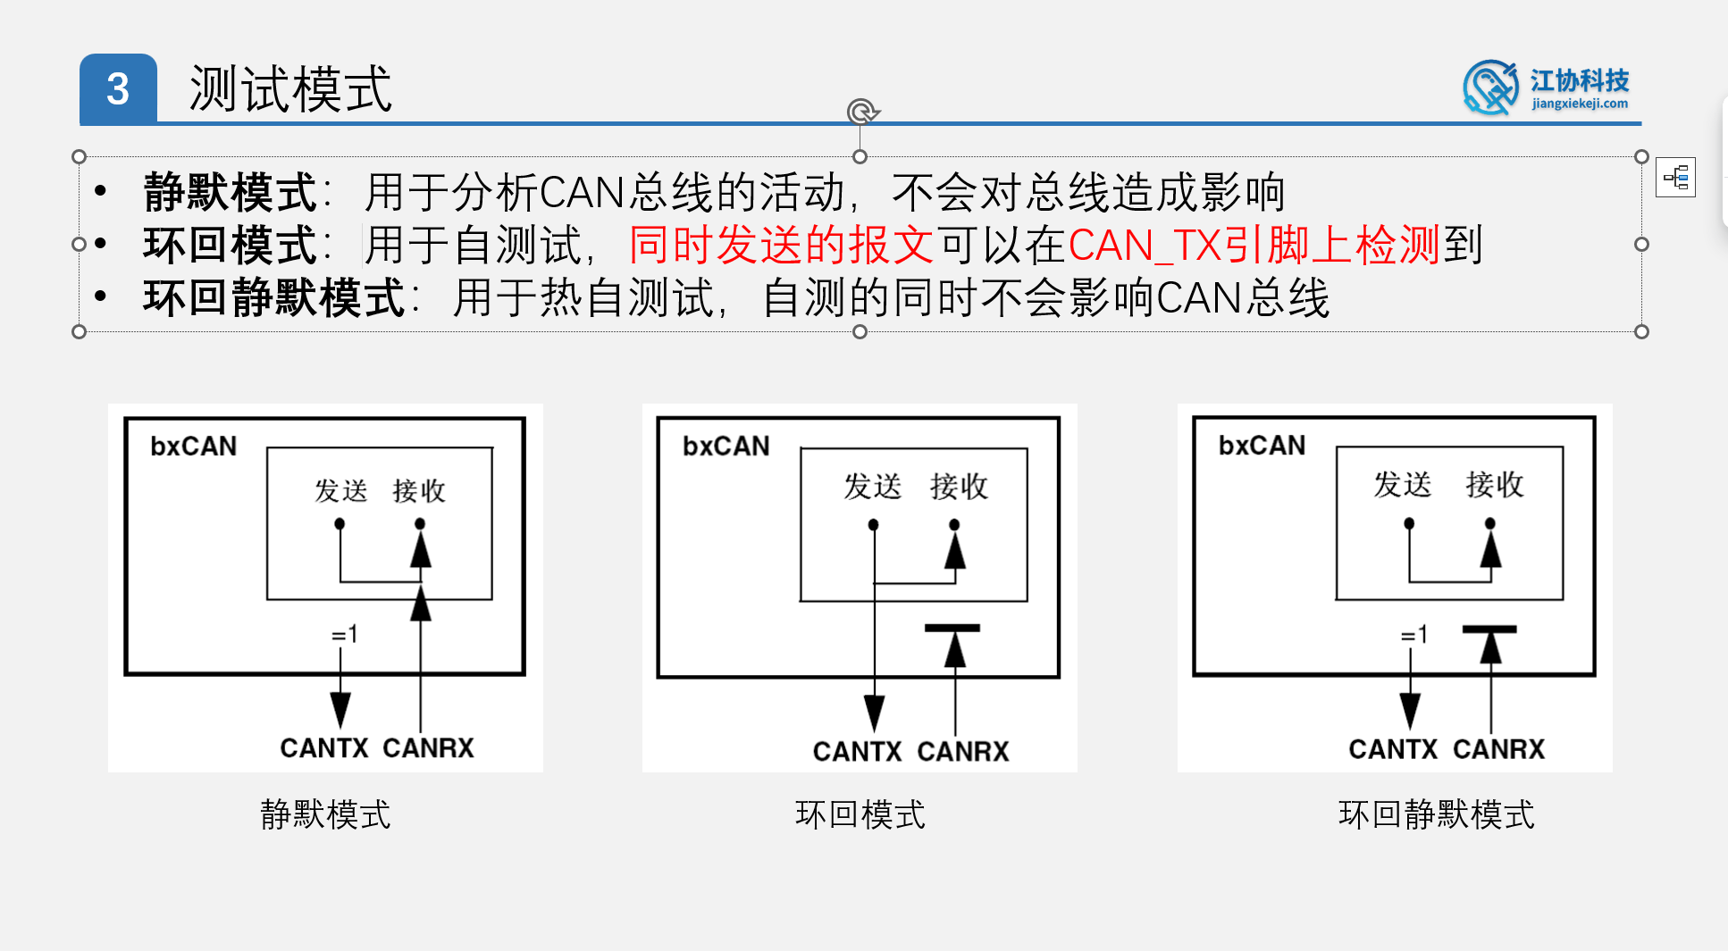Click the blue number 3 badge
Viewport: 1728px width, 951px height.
pyautogui.click(x=118, y=88)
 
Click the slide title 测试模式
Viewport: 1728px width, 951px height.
pyautogui.click(x=290, y=89)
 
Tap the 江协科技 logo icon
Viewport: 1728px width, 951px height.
pyautogui.click(x=1489, y=88)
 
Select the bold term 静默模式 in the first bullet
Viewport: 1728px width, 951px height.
pyautogui.click(x=230, y=193)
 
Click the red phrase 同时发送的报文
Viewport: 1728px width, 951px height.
pyautogui.click(x=781, y=246)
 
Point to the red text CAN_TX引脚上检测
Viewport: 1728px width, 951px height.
pyautogui.click(x=1253, y=246)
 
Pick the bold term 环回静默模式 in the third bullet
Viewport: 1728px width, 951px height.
pyautogui.click(x=273, y=298)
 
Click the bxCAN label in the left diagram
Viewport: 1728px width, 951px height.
pyautogui.click(x=193, y=446)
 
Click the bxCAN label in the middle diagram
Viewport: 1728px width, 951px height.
pyautogui.click(x=726, y=446)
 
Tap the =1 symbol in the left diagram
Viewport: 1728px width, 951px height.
pyautogui.click(x=345, y=635)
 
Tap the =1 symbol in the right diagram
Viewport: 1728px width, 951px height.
pyautogui.click(x=1414, y=635)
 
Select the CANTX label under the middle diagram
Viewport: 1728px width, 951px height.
pyautogui.click(x=857, y=752)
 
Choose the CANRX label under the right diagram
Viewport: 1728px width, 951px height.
pyautogui.click(x=1498, y=749)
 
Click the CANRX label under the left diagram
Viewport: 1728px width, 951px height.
pyautogui.click(x=428, y=748)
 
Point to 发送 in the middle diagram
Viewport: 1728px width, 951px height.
pyautogui.click(x=873, y=487)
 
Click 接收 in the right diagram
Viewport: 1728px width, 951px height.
pyautogui.click(x=1494, y=485)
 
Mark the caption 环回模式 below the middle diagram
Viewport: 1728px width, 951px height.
pyautogui.click(x=860, y=814)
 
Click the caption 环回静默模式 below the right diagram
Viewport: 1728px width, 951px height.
pyautogui.click(x=1436, y=814)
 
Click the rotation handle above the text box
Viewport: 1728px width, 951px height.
pyautogui.click(x=861, y=112)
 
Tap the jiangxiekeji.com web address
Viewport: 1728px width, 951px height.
pyautogui.click(x=1580, y=104)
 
